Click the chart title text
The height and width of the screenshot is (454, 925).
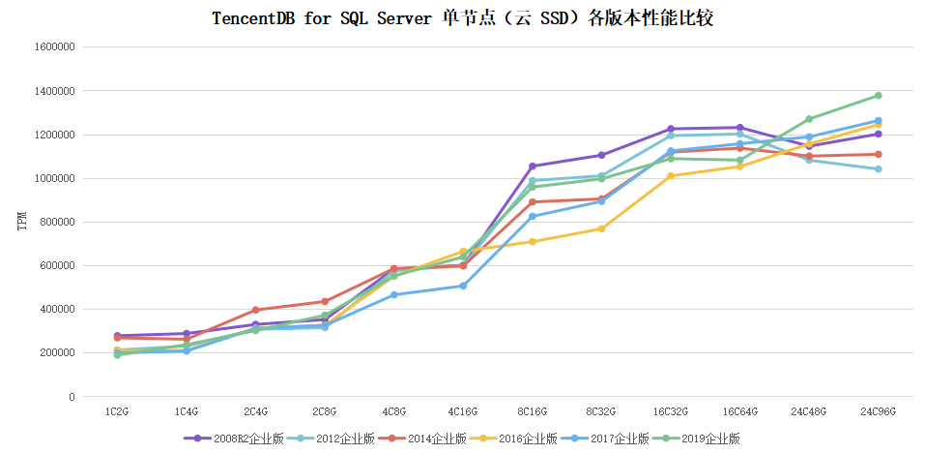coord(462,18)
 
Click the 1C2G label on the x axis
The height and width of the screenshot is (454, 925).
coord(117,411)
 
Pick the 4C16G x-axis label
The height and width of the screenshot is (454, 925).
coord(463,411)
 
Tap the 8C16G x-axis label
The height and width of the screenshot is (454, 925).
coord(533,411)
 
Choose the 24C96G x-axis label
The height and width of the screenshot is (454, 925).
coord(879,411)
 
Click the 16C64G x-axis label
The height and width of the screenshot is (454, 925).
coord(740,411)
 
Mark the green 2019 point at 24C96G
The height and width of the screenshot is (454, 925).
coord(879,96)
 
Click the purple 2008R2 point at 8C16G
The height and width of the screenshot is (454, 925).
coord(533,166)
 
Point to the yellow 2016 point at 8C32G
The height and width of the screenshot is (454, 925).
coord(601,228)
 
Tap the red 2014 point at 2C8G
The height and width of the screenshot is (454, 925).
coord(325,301)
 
